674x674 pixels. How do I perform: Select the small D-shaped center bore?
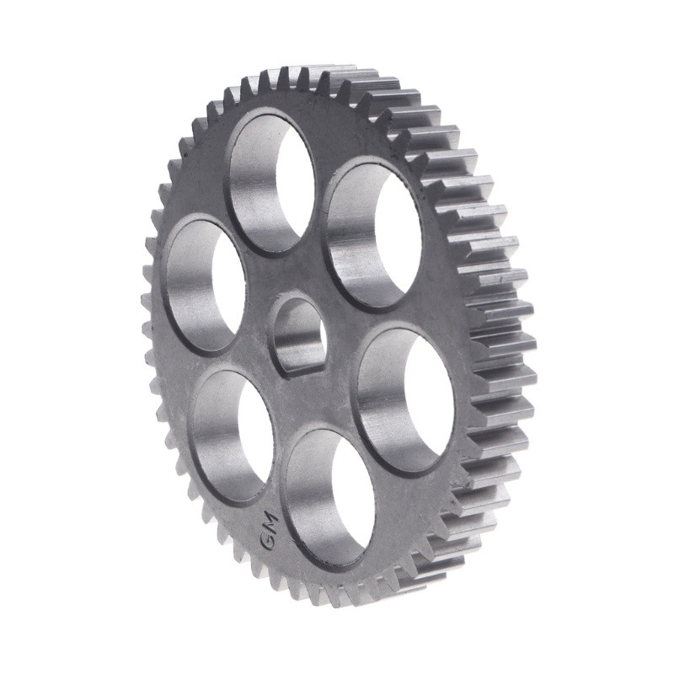click(297, 334)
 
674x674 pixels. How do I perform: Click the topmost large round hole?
click(271, 182)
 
